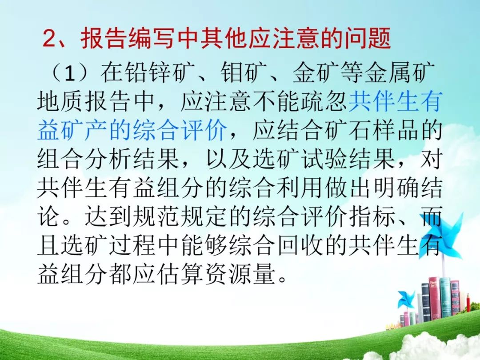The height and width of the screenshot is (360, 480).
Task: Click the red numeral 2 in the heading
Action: (50, 38)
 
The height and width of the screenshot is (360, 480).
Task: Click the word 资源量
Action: (240, 274)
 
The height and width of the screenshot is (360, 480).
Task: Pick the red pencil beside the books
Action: (468, 303)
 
